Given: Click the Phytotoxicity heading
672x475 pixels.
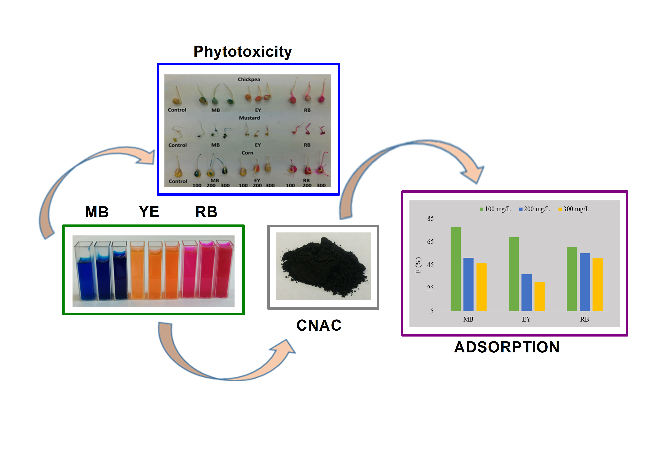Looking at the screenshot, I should (242, 52).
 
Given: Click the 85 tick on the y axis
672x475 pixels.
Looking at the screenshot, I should (430, 219).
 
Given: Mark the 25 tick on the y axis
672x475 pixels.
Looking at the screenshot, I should (430, 288).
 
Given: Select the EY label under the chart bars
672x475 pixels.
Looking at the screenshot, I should (526, 319).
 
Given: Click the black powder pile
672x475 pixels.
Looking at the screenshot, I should (323, 266).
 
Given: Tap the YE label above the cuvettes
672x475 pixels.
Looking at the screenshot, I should (149, 212).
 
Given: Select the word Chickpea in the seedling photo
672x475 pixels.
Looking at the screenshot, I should (249, 79).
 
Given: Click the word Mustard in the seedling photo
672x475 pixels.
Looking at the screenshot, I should (249, 118).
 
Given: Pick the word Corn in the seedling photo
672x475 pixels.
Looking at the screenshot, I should (247, 153).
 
